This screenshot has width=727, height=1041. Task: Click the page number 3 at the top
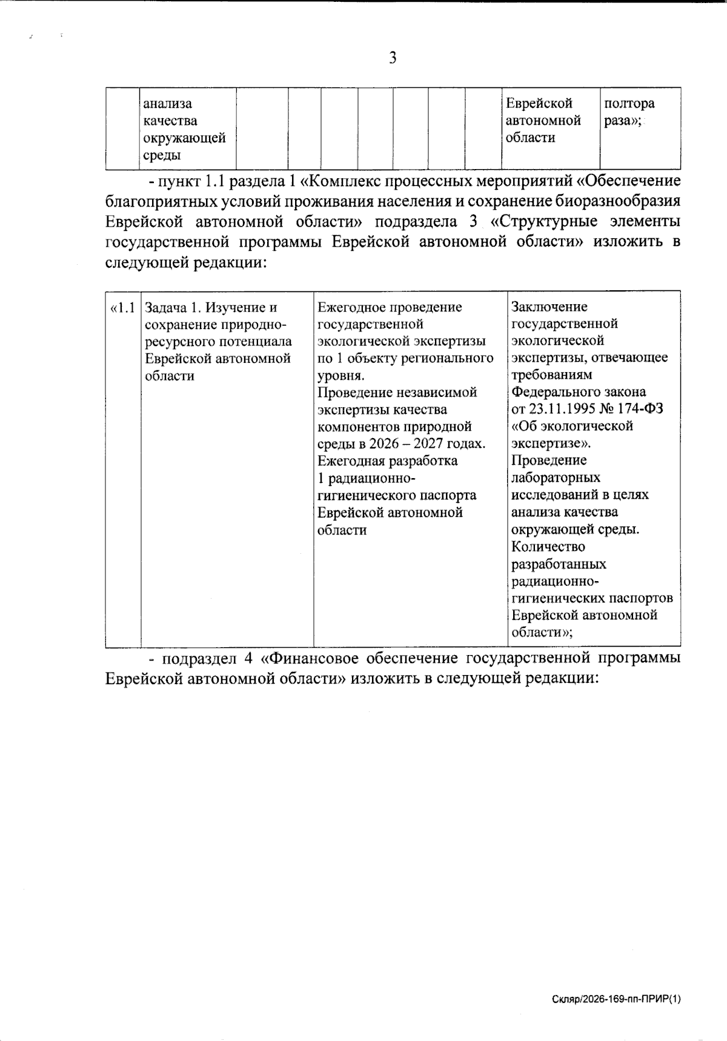[x=393, y=58]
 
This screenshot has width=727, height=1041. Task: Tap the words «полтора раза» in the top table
[x=629, y=112]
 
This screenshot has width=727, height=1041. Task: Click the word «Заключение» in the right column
[x=549, y=307]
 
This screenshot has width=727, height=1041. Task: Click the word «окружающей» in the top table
[x=184, y=138]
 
